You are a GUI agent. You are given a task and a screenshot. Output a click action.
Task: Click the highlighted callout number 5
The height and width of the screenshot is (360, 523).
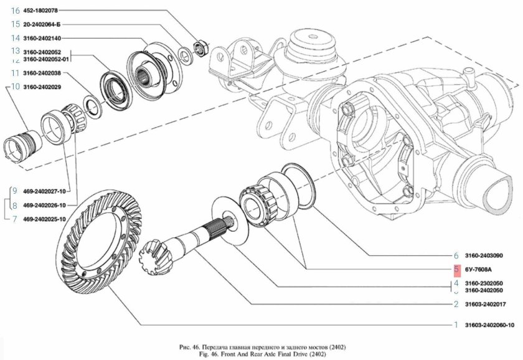click(456, 270)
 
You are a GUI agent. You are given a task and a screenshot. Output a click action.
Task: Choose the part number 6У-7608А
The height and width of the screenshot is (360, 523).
click(478, 270)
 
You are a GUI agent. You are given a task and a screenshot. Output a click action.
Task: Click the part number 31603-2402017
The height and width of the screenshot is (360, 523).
click(485, 305)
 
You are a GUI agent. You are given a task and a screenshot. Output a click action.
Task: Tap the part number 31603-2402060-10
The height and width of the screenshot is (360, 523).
click(489, 325)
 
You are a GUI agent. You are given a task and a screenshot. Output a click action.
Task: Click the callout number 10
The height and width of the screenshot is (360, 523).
click(12, 87)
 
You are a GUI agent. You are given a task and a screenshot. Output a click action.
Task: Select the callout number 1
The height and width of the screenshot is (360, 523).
click(456, 325)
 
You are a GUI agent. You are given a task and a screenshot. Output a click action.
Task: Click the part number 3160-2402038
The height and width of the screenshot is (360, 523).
click(42, 73)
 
